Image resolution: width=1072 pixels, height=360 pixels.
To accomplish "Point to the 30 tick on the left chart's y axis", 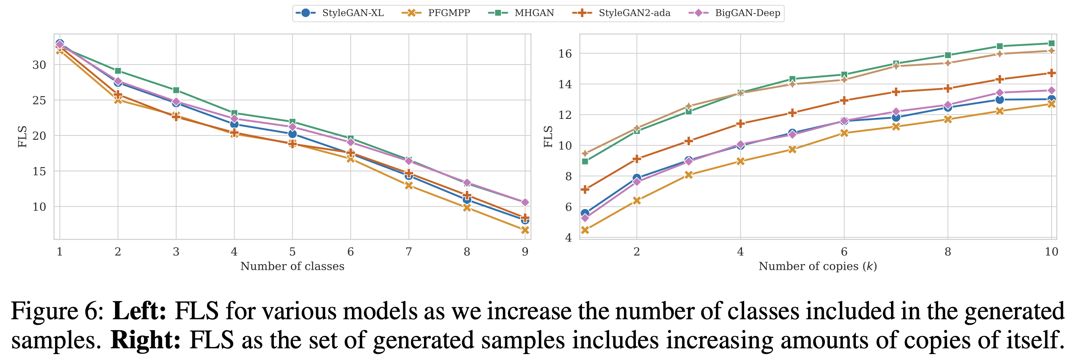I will point(39,65).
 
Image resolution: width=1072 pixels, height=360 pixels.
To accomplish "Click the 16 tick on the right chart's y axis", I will point(565,54).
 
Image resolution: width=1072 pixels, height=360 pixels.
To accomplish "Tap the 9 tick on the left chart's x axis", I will point(525,252).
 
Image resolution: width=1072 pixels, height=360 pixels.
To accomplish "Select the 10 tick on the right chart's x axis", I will point(1052,252).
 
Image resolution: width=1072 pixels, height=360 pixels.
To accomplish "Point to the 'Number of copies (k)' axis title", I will point(818,266).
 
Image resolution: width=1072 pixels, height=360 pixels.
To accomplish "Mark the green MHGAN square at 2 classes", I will point(118,71).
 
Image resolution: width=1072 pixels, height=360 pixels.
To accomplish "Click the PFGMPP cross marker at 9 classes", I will point(525,230).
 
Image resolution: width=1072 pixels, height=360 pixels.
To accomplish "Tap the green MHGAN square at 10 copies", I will point(1052,43).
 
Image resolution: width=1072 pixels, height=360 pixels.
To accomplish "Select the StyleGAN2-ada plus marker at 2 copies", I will point(637,159).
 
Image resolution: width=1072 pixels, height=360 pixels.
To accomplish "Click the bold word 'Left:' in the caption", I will point(140,311).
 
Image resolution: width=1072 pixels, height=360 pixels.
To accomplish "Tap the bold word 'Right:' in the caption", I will point(145,340).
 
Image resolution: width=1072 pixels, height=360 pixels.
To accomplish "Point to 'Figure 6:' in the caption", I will point(57,311).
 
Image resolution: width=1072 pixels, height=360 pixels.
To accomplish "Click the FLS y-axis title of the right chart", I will point(548,137).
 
